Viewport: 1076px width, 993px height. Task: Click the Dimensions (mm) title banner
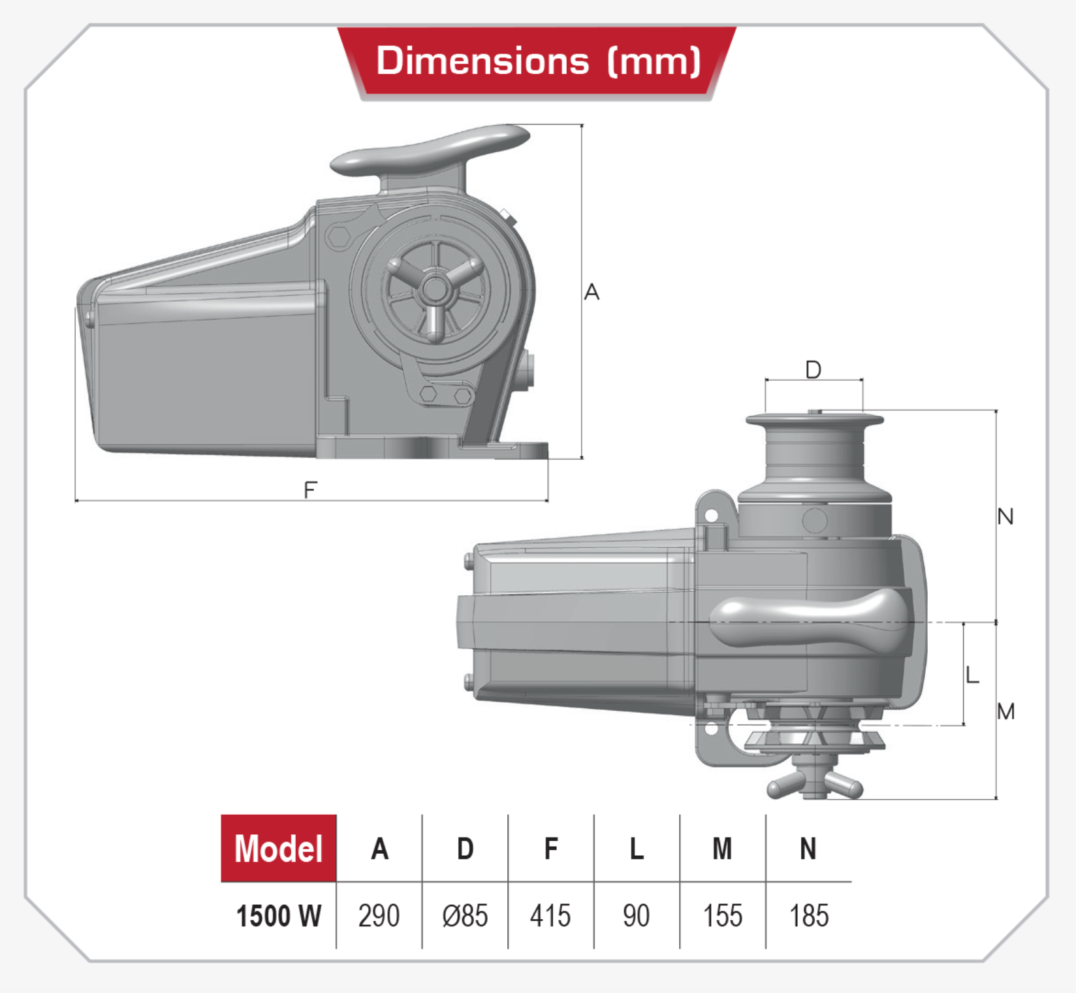537,63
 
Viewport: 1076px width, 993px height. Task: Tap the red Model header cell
279,849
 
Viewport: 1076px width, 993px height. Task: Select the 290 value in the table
379,916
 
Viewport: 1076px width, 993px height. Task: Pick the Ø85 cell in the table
465,916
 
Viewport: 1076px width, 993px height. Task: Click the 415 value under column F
550,916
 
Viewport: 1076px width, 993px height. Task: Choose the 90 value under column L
637,916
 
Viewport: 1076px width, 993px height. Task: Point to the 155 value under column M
723,916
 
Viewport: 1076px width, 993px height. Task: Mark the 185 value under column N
809,916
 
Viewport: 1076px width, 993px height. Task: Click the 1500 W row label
279,916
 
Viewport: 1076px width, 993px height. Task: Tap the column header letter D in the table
465,849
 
